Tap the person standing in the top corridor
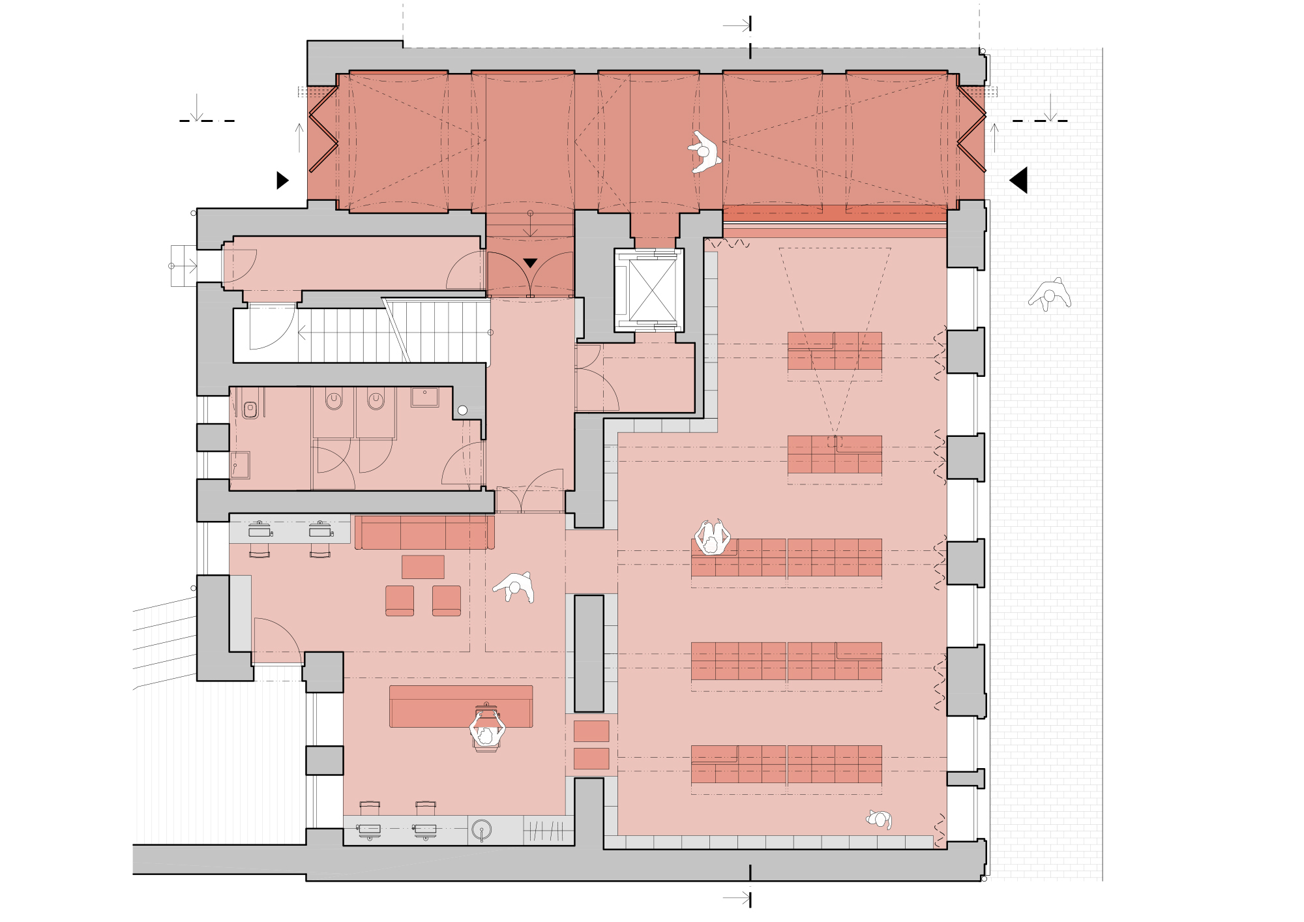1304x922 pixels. pos(704,152)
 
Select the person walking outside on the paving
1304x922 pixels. pos(1049,295)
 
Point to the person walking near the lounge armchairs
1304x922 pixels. pos(515,587)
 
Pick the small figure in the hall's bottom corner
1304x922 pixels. pos(880,819)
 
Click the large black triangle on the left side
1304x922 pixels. pos(282,180)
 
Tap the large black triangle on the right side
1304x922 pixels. pos(1020,180)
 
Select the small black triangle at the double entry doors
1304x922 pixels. pos(530,263)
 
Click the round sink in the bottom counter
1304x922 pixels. pos(481,830)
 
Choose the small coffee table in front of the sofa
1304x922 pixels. pos(422,567)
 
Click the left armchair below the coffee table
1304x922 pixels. pos(400,600)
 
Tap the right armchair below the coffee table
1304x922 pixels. pos(447,600)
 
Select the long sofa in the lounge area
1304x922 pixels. pos(424,533)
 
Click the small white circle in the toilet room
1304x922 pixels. pos(462,410)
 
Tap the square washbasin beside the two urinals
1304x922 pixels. pos(424,396)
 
